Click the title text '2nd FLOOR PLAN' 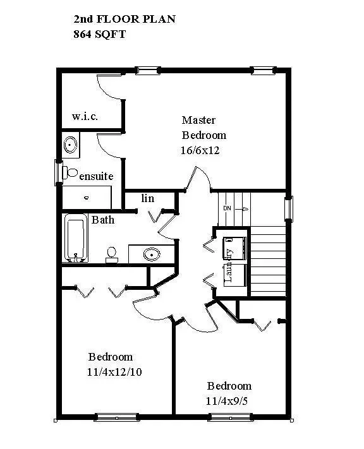[x=124, y=20]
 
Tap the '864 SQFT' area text [x=100, y=35]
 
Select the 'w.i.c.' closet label [x=85, y=117]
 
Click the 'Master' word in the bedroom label [x=198, y=120]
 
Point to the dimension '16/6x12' [x=200, y=150]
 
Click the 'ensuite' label [x=96, y=176]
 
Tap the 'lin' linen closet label [x=147, y=198]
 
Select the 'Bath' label [x=103, y=220]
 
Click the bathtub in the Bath [x=75, y=239]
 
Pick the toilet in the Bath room [x=112, y=254]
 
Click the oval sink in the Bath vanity [x=151, y=254]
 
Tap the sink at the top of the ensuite [x=70, y=146]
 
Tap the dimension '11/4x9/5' [x=228, y=401]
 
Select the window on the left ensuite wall [x=58, y=172]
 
